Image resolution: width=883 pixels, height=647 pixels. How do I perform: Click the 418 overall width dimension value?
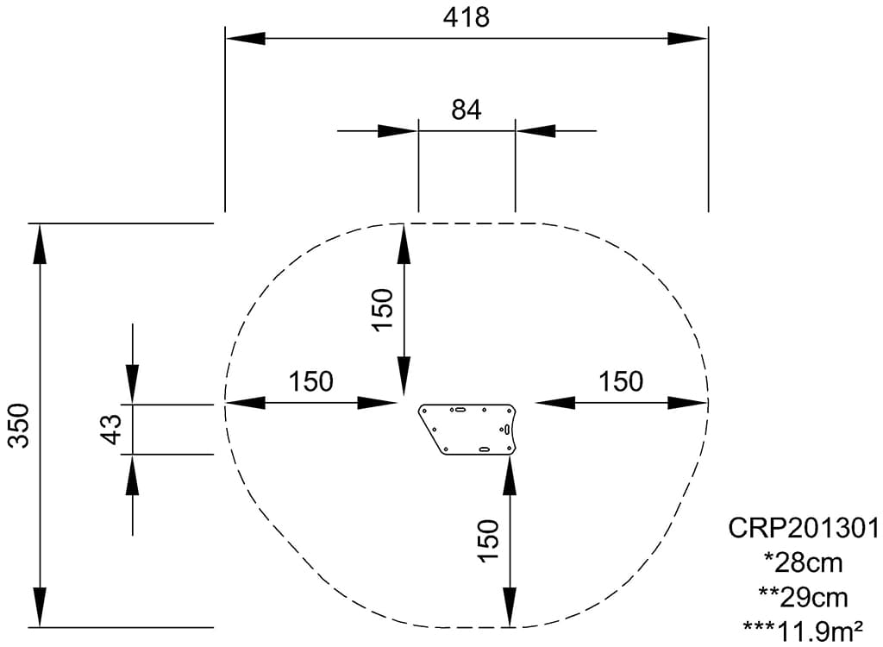coord(466,16)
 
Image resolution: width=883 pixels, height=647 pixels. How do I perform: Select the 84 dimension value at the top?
coord(467,110)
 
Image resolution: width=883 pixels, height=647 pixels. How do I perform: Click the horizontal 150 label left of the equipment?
coord(310,380)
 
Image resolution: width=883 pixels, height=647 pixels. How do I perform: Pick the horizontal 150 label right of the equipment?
coord(621,380)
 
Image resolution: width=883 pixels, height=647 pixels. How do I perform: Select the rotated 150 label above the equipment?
coord(382,309)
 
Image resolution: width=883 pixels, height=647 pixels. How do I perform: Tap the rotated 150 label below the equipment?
coord(488,541)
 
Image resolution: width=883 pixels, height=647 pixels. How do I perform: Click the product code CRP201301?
coord(804,527)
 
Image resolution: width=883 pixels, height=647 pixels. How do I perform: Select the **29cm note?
coord(803,597)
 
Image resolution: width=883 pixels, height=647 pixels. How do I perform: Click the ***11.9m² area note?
coord(803,631)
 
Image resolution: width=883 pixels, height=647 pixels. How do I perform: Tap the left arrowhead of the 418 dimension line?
coord(245,38)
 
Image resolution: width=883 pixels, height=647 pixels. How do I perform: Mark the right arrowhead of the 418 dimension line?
coord(688,38)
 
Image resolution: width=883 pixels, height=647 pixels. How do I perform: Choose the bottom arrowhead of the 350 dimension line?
coord(39,607)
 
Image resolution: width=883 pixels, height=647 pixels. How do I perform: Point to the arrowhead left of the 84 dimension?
coord(398,131)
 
